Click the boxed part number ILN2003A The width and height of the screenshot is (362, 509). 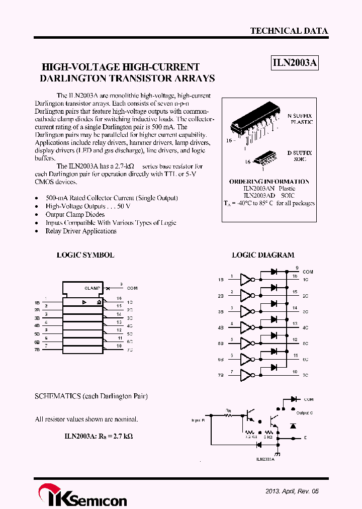(295, 63)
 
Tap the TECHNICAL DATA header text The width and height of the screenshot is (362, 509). (289, 31)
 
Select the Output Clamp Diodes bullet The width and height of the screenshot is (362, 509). (75, 215)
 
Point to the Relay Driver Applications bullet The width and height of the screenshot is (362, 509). (81, 231)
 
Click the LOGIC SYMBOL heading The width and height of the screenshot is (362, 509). (85, 255)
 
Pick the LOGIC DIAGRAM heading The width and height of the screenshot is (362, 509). (263, 255)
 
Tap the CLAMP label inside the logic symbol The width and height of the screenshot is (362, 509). (93, 288)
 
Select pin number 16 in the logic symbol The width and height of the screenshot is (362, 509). (119, 298)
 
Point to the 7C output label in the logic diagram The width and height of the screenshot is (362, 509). (305, 375)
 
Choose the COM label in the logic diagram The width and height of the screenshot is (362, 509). (308, 272)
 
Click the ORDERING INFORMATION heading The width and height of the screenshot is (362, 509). (269, 182)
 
